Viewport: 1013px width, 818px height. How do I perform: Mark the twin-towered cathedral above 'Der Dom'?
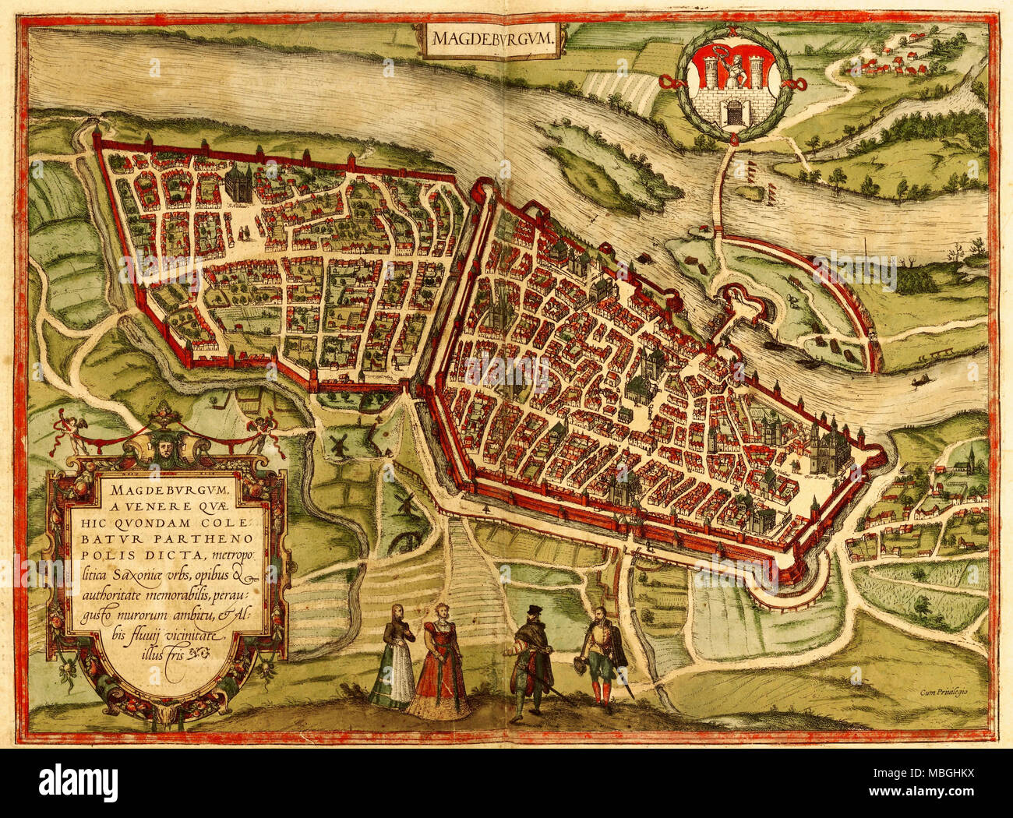[x=828, y=446]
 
